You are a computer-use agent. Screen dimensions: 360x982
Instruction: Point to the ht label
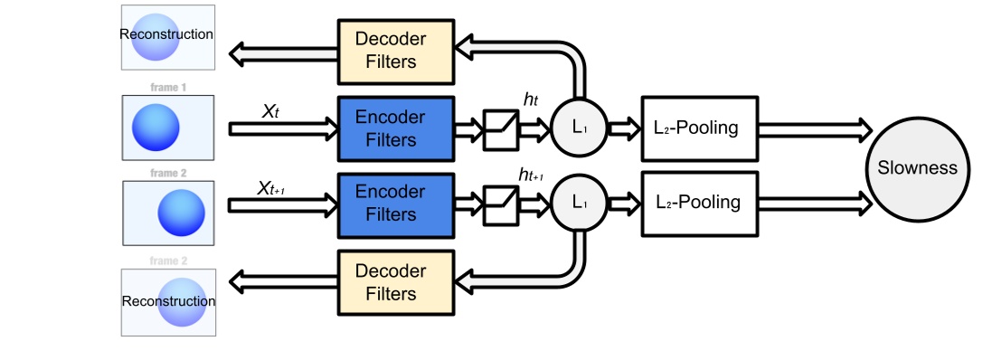[x=529, y=100]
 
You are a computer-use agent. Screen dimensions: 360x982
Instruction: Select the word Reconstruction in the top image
[x=167, y=34]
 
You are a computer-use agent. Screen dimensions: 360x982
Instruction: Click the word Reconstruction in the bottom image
[x=168, y=301]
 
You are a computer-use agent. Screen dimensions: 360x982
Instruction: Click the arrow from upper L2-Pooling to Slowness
[x=810, y=128]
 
